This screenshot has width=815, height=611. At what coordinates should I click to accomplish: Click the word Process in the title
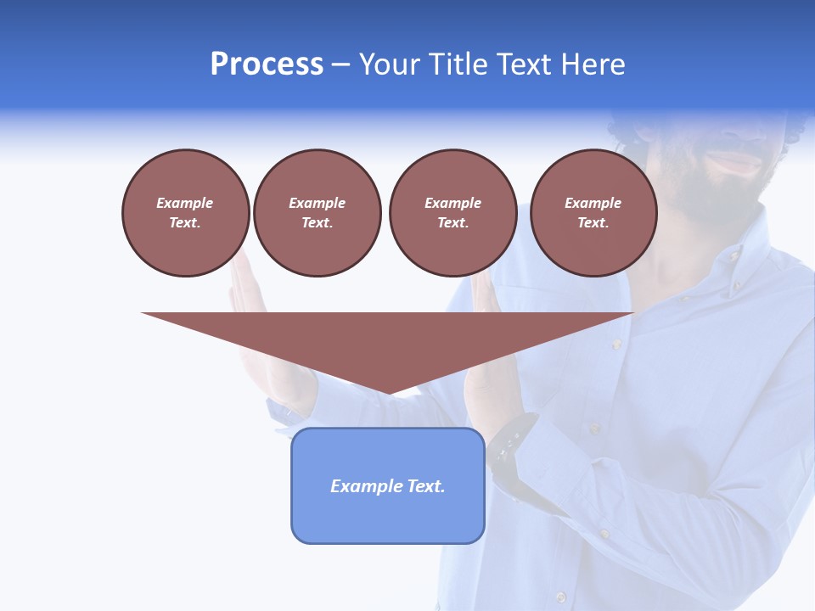pos(267,64)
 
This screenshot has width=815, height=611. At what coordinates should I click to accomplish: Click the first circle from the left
pos(185,213)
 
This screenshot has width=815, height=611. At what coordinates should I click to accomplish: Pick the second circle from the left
pos(317,213)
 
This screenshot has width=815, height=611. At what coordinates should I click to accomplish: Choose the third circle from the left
pos(452,213)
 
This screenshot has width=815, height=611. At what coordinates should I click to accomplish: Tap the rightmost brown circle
pos(593,213)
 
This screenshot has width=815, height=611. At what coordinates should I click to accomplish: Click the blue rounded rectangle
pos(388,485)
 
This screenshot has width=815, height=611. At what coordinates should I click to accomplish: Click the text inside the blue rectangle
pos(388,486)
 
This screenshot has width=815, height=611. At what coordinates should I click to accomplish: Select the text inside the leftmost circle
pos(185,213)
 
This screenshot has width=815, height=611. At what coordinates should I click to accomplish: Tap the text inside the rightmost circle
pos(593,213)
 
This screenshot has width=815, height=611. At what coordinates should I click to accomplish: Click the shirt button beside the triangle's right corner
pos(616,344)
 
